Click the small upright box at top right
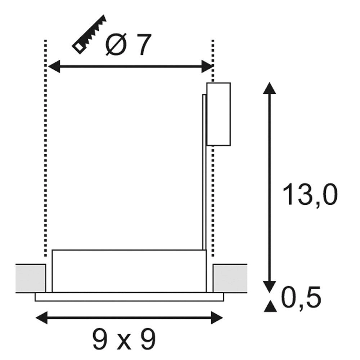pyautogui.click(x=219, y=114)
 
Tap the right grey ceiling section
pyautogui.click(x=230, y=278)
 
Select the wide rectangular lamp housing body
pyautogui.click(x=129, y=270)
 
